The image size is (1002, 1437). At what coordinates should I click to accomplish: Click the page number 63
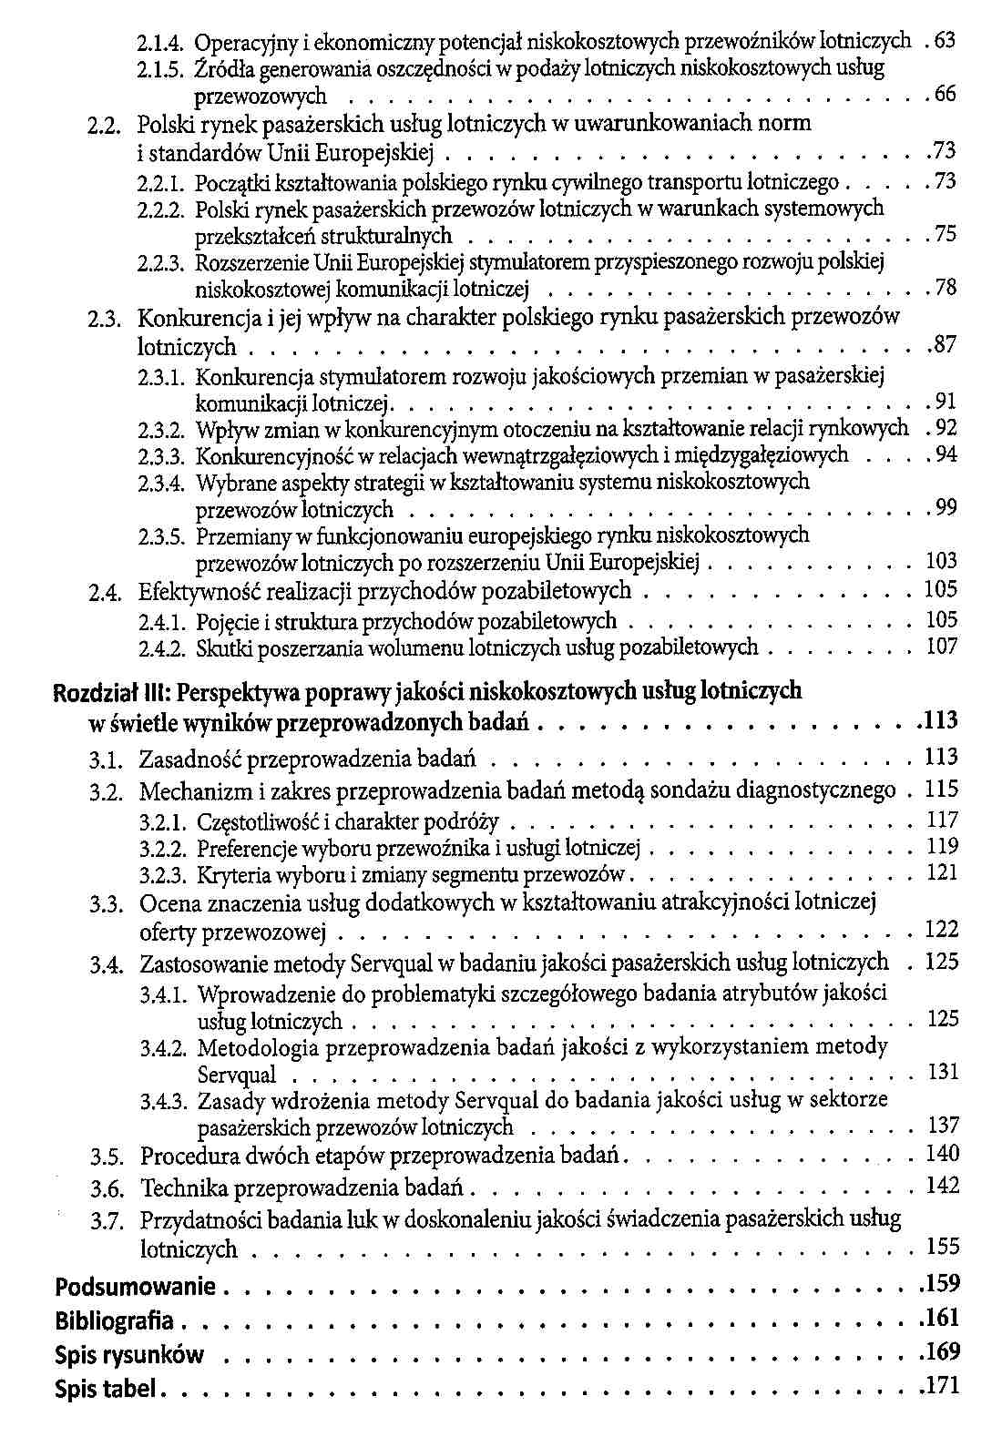(946, 41)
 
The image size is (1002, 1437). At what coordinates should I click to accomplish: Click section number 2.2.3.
(162, 263)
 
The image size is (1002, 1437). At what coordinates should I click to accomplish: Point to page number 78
(946, 289)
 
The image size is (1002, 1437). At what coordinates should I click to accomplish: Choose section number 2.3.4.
(162, 482)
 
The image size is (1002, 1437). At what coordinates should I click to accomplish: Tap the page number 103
(942, 560)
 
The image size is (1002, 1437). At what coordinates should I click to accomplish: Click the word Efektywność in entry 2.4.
(193, 592)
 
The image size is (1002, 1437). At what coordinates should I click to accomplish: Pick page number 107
(942, 647)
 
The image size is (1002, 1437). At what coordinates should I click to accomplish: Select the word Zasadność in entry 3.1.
(189, 759)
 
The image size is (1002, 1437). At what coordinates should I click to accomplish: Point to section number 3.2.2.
(163, 850)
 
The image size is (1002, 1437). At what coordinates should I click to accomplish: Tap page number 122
(942, 930)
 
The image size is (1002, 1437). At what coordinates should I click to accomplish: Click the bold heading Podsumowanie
(136, 1288)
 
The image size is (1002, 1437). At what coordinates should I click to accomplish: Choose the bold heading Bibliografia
(115, 1320)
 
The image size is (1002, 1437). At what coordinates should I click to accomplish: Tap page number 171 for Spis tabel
(942, 1388)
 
